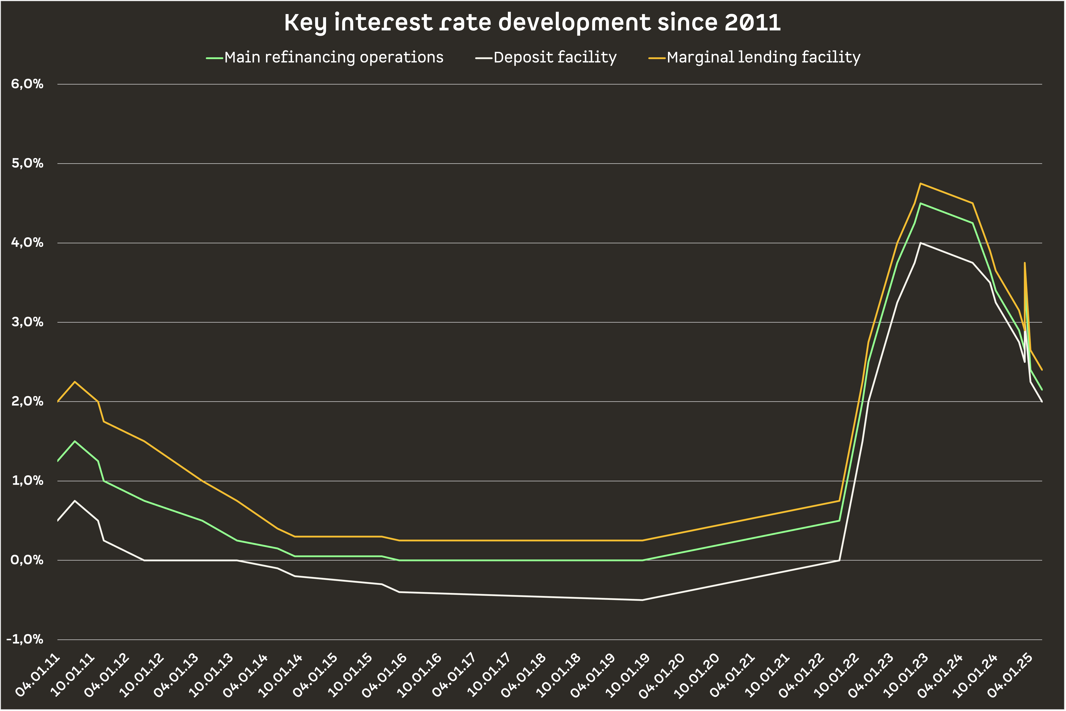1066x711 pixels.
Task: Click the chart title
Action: (533, 23)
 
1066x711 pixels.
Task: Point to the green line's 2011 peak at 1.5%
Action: (75, 441)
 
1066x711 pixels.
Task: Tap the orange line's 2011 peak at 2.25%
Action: (75, 382)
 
